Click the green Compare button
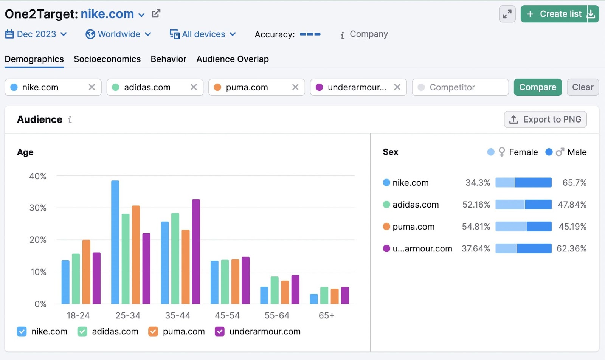click(x=537, y=87)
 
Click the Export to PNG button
click(x=545, y=119)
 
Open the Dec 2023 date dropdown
click(x=36, y=34)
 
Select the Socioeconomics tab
click(x=107, y=59)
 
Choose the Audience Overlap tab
click(x=232, y=59)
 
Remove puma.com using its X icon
click(x=295, y=87)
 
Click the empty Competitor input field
click(x=460, y=87)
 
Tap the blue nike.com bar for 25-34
click(x=115, y=242)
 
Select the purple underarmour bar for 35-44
click(x=196, y=251)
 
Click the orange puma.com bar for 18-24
click(x=86, y=272)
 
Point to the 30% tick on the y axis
click(x=38, y=208)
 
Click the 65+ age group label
click(x=326, y=315)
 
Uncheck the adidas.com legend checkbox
click(x=82, y=332)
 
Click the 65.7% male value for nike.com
click(x=574, y=183)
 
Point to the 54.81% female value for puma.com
click(x=476, y=227)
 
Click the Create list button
click(x=554, y=14)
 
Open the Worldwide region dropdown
click(x=118, y=34)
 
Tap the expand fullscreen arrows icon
click(x=507, y=14)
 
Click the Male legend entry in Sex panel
click(x=566, y=152)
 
